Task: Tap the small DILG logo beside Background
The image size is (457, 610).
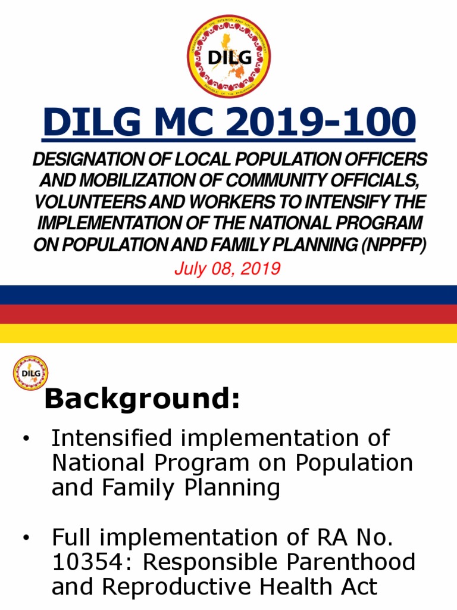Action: [x=30, y=373]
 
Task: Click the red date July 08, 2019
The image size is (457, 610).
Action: [x=227, y=269]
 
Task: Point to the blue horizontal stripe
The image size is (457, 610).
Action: [x=228, y=295]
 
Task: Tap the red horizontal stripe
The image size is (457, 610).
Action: [x=228, y=314]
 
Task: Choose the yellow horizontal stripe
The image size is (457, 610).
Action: [x=228, y=333]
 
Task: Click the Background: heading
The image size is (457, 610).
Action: [x=142, y=399]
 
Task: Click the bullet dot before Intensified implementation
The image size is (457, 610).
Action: [x=26, y=439]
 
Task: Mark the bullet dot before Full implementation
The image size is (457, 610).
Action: [x=26, y=539]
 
